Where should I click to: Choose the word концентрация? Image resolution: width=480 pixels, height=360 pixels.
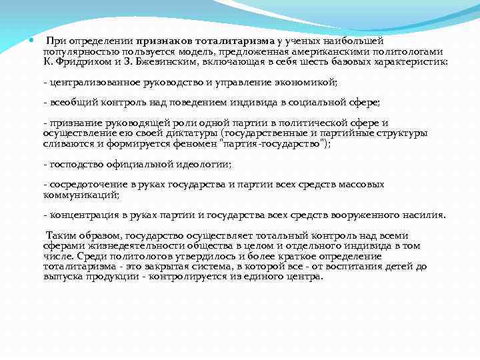pos(84,215)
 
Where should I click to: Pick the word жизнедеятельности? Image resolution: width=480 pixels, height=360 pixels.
pos(121,245)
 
